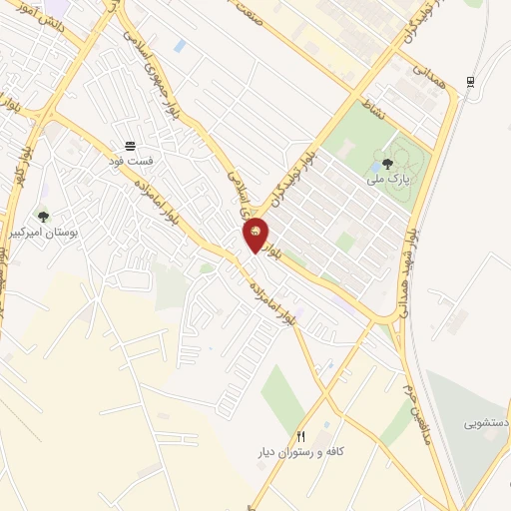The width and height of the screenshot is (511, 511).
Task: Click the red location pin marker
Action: (255, 236)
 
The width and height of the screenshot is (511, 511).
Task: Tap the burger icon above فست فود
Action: (131, 146)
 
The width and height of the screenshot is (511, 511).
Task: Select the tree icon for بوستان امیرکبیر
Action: (42, 216)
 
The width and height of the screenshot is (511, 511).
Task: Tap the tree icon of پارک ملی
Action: (387, 163)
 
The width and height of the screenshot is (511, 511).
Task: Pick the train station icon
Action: (469, 83)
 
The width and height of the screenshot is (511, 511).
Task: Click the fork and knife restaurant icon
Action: (301, 436)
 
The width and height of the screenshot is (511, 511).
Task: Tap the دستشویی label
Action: (485, 423)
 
